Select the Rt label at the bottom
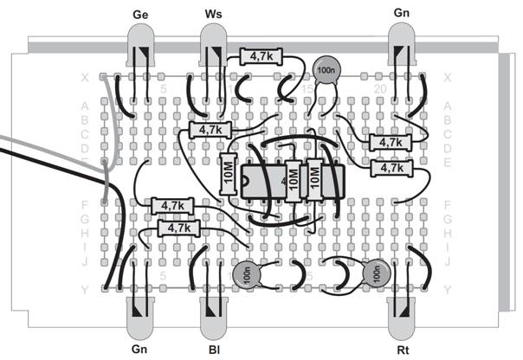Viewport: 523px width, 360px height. [x=400, y=350]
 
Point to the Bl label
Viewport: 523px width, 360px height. [x=213, y=350]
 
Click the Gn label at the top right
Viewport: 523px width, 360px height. [x=402, y=16]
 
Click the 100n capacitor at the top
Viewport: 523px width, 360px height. [x=326, y=72]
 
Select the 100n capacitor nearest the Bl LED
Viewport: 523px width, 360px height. [x=246, y=276]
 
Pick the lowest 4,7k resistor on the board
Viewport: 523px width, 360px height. [x=178, y=228]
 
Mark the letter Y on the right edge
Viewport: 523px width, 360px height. [x=447, y=290]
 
